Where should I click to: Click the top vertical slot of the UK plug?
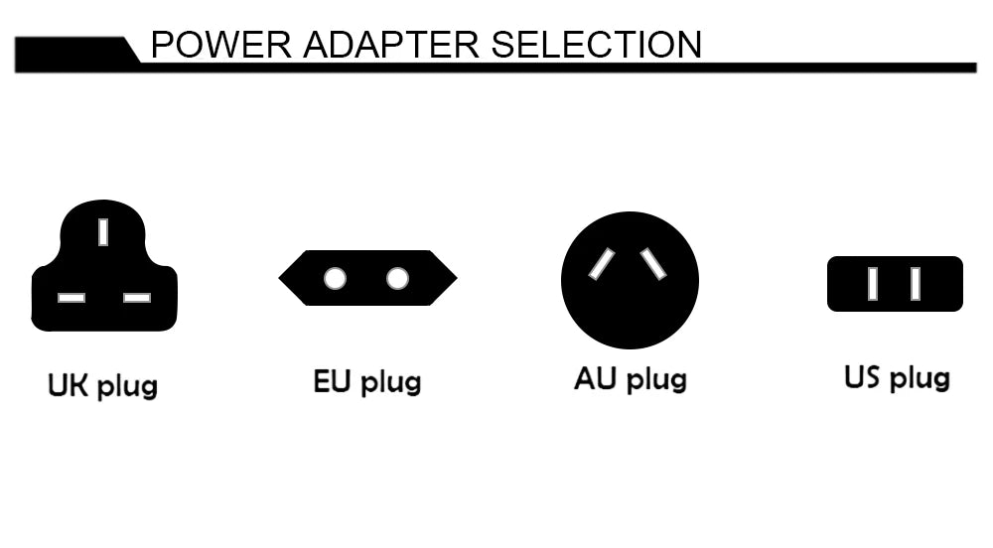[x=103, y=231]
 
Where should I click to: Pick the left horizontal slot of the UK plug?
[x=71, y=297]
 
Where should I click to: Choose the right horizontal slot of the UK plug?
[x=136, y=297]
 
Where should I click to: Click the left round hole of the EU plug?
[x=335, y=278]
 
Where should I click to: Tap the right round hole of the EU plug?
[x=397, y=278]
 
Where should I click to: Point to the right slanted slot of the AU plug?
[x=653, y=263]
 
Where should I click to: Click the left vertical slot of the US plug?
[x=873, y=284]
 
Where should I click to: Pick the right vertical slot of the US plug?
[x=915, y=284]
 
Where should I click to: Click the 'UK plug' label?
[x=102, y=385]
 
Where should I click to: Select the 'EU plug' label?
[x=367, y=382]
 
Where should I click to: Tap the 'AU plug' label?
[x=631, y=379]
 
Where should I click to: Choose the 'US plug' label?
[x=897, y=378]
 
